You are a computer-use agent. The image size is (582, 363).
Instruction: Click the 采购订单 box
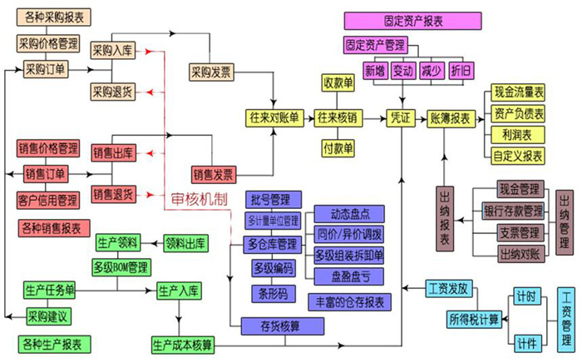coord(47,68)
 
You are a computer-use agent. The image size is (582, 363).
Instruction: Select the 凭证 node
coord(400,118)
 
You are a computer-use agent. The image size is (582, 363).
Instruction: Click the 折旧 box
coord(460,70)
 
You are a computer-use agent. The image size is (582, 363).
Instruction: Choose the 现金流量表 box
coord(519,92)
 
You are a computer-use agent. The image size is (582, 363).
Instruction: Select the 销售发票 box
coord(214,174)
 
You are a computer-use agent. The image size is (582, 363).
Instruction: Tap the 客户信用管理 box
coord(47,200)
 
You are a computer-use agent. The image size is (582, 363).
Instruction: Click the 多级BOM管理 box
coord(121,267)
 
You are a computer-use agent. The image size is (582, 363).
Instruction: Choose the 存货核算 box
coord(269,325)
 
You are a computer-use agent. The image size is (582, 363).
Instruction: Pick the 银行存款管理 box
coord(513,211)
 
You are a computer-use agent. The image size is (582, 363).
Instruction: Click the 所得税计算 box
coord(474,318)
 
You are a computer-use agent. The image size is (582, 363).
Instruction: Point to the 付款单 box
coord(338,148)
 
